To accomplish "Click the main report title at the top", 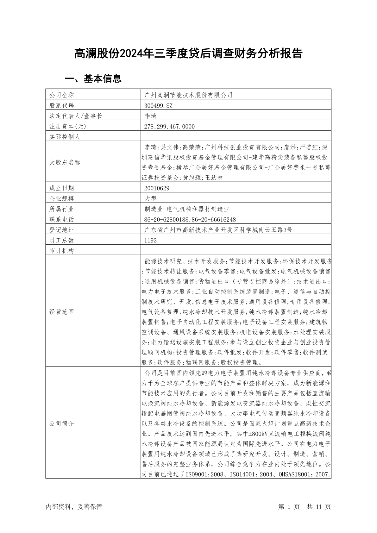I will point(188,54).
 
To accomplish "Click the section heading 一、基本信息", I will point(93,78).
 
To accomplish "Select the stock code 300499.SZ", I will point(158,105).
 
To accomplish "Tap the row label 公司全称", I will point(61,95).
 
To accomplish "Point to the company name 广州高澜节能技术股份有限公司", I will point(188,95).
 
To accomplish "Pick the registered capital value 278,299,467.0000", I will point(169,126).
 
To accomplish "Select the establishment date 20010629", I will point(157,188).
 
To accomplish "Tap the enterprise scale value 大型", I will point(150,198).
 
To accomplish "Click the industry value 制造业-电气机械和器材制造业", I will point(186,209).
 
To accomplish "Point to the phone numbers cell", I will point(190,219).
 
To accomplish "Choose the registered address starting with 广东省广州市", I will point(218,230).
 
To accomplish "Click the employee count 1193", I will point(150,240).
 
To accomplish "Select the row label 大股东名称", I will point(65,162).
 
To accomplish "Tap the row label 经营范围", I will point(61,312).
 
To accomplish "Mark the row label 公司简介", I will point(61,423).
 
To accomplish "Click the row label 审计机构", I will point(61,251).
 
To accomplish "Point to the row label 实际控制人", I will point(65,137).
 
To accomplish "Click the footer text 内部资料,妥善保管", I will point(74,506).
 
